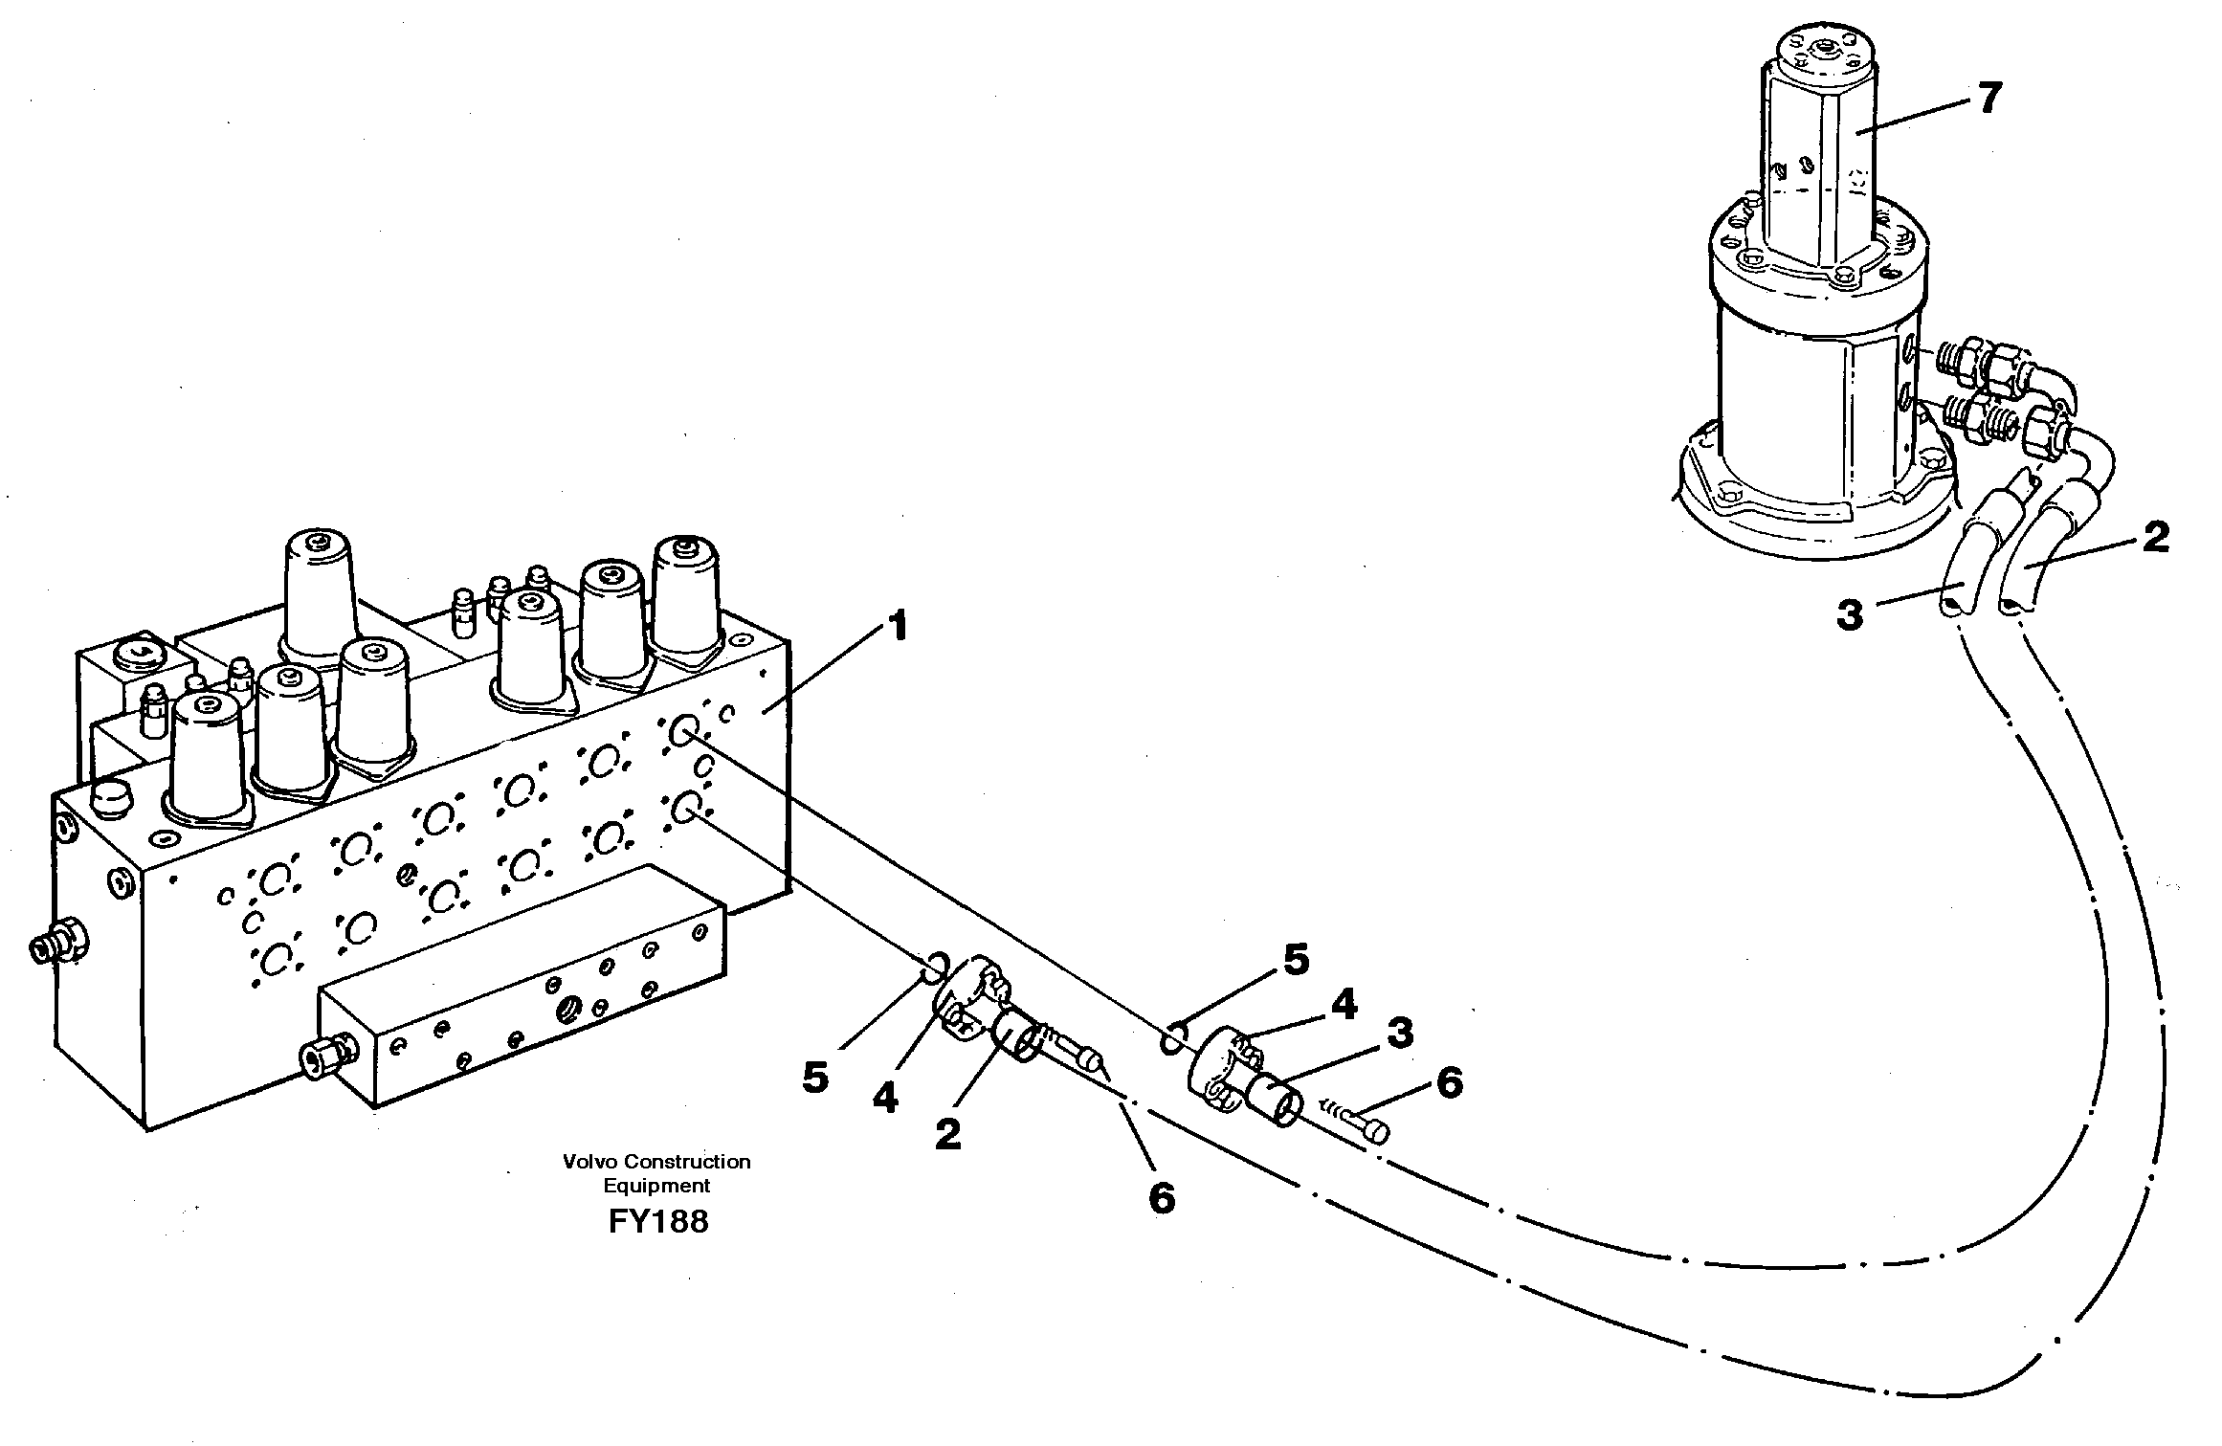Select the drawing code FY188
[657, 1222]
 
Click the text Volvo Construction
[656, 1162]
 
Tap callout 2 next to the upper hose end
[2154, 538]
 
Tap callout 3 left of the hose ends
[1849, 614]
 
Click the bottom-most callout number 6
[1161, 1197]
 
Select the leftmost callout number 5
[814, 1078]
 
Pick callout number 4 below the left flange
[885, 1098]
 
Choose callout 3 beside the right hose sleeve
[1399, 1034]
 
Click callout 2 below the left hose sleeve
[947, 1135]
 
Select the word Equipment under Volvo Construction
[656, 1186]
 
